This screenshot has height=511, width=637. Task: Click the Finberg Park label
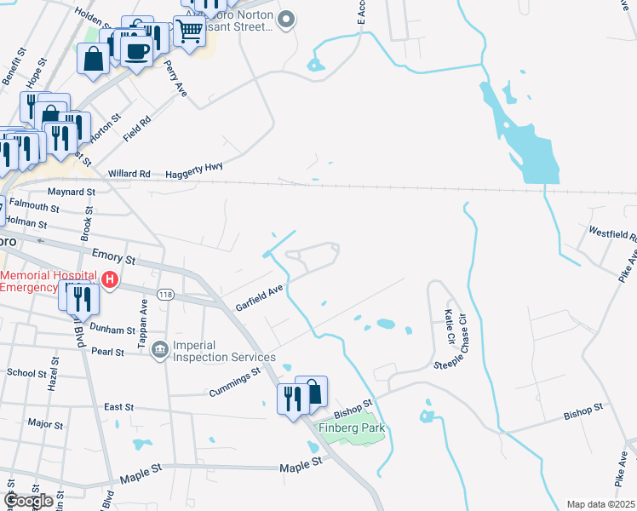[x=352, y=428]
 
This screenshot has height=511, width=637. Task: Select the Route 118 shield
[x=166, y=294]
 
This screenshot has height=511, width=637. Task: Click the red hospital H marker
[x=109, y=278]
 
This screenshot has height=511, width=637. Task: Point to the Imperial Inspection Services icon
[x=159, y=349]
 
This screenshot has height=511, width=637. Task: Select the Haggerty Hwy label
[x=194, y=170]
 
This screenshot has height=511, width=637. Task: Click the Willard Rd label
[x=129, y=174]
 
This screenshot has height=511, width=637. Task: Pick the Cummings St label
[x=234, y=383]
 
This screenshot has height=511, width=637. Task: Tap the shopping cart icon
[x=191, y=32]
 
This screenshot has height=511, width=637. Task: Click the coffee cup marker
[x=136, y=50]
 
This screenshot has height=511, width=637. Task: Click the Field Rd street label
[x=136, y=128]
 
